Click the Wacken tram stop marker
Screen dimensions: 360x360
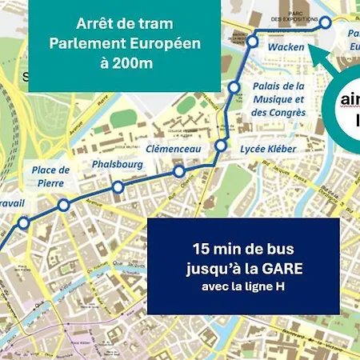pyautogui.click(x=253, y=41)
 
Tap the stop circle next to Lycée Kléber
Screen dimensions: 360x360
pyautogui.click(x=221, y=146)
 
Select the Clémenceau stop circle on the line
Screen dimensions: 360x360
pyautogui.click(x=179, y=172)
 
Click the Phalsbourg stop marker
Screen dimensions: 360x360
pyautogui.click(x=118, y=187)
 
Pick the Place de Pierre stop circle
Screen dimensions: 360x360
pyautogui.click(x=63, y=206)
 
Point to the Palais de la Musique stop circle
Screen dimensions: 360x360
pyautogui.click(x=234, y=86)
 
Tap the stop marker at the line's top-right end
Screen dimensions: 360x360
pyautogui.click(x=326, y=25)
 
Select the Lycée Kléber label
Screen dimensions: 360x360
pyautogui.click(x=268, y=149)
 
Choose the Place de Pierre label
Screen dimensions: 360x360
pyautogui.click(x=50, y=176)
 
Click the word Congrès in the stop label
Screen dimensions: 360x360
pyautogui.click(x=286, y=113)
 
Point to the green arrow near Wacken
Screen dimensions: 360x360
pyautogui.click(x=320, y=59)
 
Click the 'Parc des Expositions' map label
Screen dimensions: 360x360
pyautogui.click(x=286, y=15)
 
